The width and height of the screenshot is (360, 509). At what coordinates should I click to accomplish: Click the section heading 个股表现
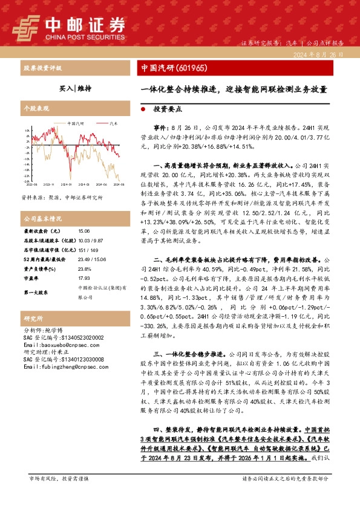(34, 107)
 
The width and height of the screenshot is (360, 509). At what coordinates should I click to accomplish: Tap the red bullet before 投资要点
(142, 111)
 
